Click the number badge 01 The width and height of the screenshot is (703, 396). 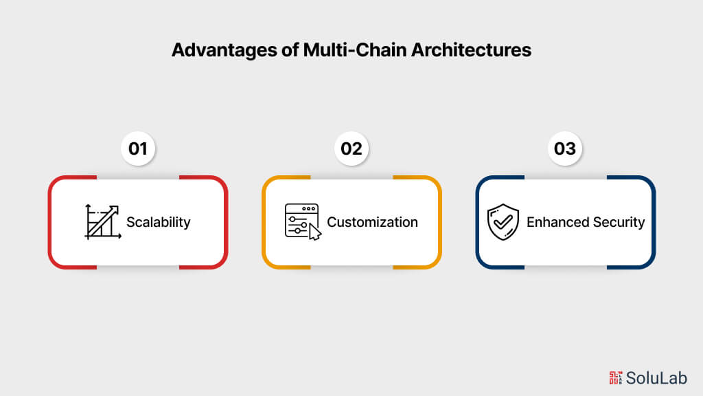tap(138, 148)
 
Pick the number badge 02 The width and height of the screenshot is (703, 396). tap(351, 148)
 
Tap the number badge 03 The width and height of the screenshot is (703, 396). tap(565, 148)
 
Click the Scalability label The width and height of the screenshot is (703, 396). tap(158, 222)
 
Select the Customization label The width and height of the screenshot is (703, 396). tap(372, 222)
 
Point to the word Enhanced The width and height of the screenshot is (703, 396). tap(557, 222)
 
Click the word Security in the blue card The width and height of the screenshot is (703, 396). tap(617, 222)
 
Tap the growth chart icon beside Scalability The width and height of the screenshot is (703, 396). tap(102, 221)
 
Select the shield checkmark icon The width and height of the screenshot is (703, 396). tap(504, 221)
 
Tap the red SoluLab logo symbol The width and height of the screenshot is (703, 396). tap(616, 377)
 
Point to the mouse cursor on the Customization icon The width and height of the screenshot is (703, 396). tap(315, 232)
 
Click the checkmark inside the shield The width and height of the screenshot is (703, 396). tap(504, 221)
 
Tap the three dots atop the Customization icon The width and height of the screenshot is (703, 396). tap(309, 208)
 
